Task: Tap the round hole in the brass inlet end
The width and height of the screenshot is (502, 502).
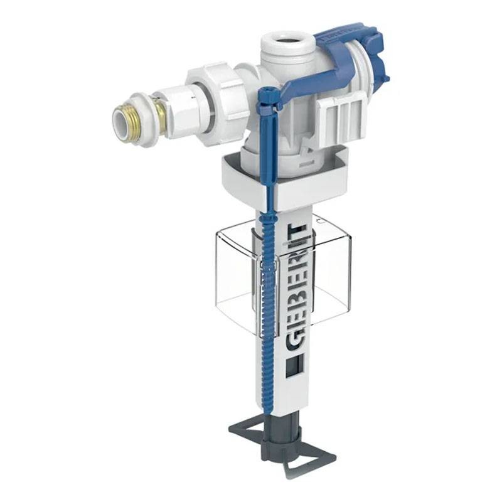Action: pos(120,119)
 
